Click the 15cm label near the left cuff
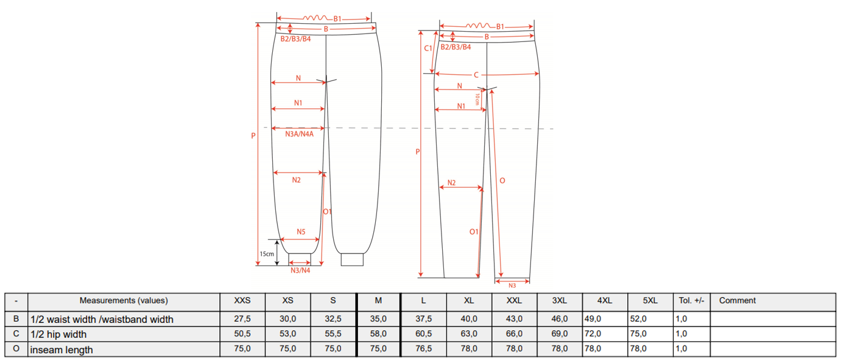point(267,254)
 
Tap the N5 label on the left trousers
point(301,231)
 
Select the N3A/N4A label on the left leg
point(299,134)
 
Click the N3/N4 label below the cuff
point(300,270)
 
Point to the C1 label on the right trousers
point(428,48)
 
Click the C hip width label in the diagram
point(476,75)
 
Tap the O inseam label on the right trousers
point(502,181)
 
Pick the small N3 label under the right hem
point(512,286)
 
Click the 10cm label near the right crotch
point(477,99)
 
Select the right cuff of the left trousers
point(352,259)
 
